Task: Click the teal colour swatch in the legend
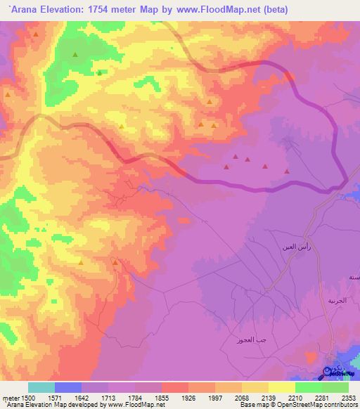41,387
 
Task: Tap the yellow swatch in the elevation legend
281,387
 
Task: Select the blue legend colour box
68,387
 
